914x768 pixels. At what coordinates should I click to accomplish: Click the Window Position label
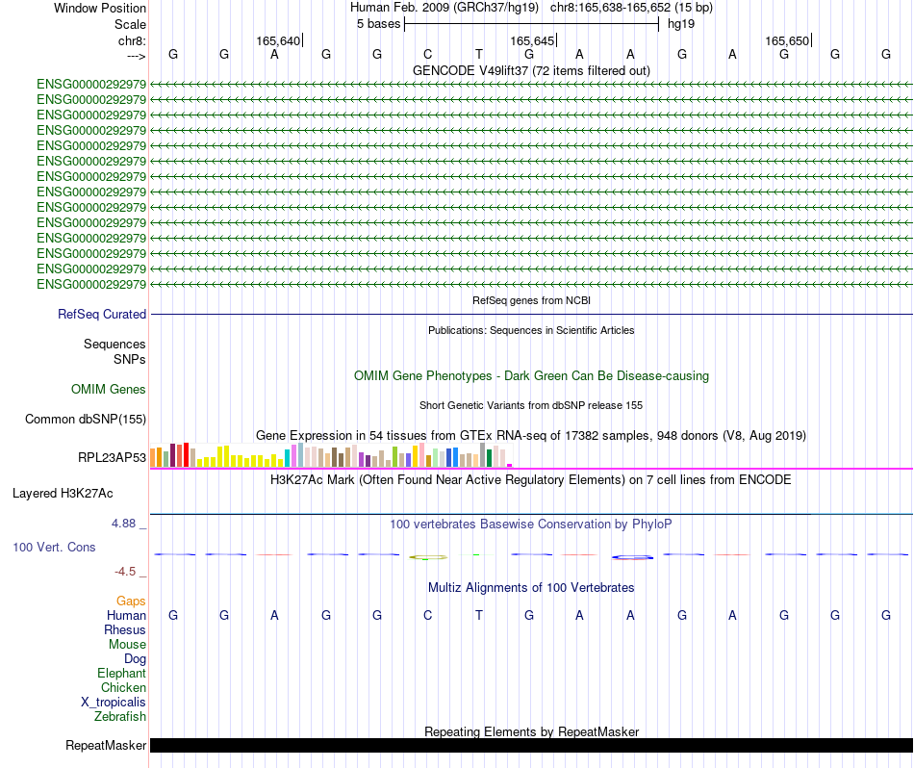coord(100,8)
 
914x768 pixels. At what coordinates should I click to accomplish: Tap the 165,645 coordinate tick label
coord(532,40)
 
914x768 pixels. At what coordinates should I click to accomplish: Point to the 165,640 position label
coord(278,40)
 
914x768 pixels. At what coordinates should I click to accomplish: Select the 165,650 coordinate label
coord(787,40)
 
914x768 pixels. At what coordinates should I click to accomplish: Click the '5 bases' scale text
coord(378,23)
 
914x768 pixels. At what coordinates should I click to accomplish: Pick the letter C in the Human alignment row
coord(428,615)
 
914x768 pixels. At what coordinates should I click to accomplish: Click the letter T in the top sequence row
coord(478,54)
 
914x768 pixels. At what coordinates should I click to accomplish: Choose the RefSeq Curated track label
coord(102,314)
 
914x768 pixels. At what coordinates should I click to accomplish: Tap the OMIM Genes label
coord(109,389)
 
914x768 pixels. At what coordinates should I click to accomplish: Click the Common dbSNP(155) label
coord(86,419)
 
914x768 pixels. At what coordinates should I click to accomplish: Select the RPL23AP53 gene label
coord(113,457)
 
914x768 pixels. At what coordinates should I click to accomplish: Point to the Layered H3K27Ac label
coord(63,493)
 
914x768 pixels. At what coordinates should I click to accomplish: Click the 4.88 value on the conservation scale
coord(127,524)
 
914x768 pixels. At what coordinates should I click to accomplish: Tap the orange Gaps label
coord(131,601)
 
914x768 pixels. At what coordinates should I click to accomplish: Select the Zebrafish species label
coord(120,716)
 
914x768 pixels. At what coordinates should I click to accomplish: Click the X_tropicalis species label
coord(114,702)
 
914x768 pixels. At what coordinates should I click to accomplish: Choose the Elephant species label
coord(121,673)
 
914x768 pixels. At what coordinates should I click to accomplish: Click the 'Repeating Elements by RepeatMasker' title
coord(531,731)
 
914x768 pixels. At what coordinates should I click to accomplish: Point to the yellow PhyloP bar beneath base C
coord(428,556)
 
